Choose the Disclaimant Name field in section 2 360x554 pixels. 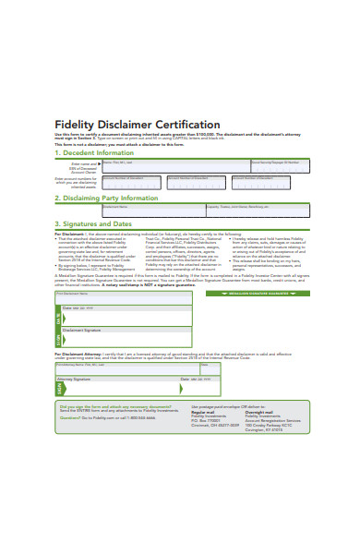pos(152,210)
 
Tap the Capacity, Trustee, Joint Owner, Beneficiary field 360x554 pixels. pos(258,210)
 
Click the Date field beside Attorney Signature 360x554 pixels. pos(199,379)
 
